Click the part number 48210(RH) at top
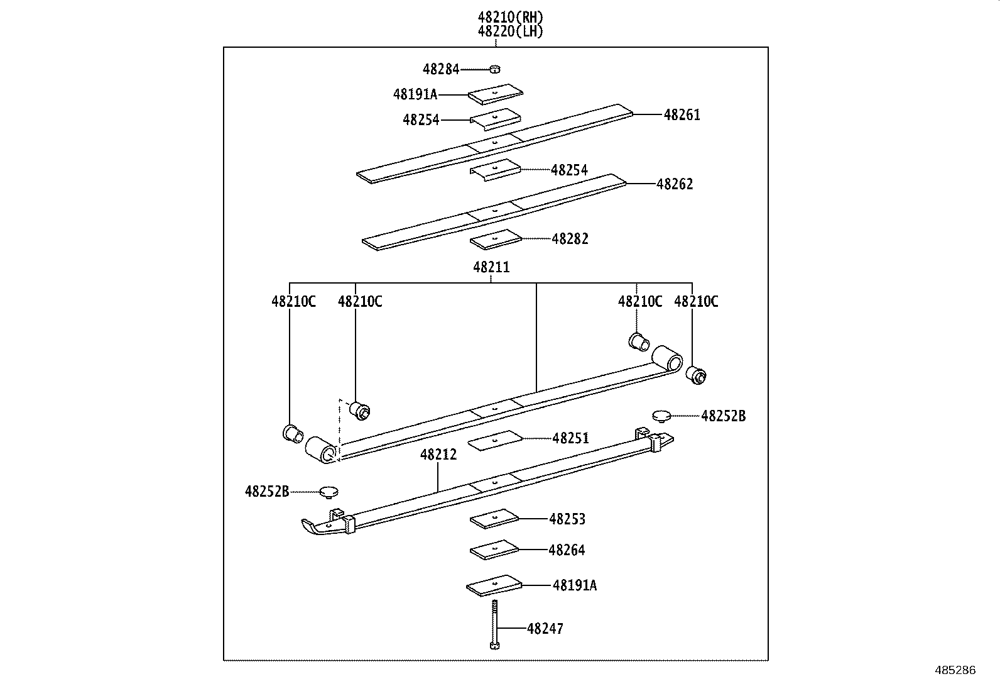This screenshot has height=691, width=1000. [510, 18]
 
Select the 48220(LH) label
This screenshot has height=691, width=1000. [510, 31]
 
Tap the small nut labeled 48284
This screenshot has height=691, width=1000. [495, 69]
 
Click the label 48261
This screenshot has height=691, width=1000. [682, 115]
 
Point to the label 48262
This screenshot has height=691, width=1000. [675, 184]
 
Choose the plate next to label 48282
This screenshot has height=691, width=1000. [496, 239]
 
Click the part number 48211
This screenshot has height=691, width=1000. [491, 267]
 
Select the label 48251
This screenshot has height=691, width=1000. [570, 438]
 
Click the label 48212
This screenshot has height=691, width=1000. [438, 455]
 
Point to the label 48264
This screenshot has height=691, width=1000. [567, 550]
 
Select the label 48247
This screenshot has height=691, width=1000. [545, 629]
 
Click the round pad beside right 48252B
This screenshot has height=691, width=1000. [660, 416]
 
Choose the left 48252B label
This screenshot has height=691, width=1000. [267, 491]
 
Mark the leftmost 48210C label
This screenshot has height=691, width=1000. [293, 302]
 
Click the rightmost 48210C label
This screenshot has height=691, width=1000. [696, 302]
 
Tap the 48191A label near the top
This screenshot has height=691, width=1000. [415, 94]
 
